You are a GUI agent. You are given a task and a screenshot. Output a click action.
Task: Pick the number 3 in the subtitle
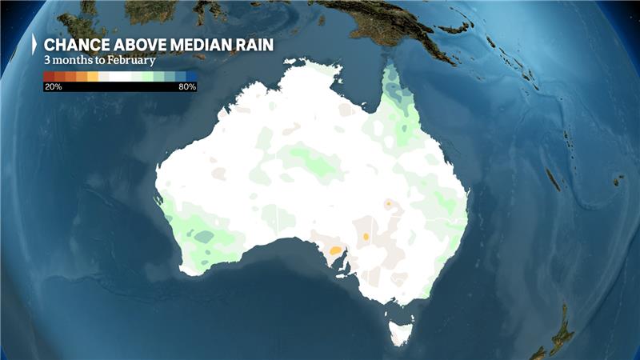(46, 60)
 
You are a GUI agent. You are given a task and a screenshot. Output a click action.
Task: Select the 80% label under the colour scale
(187, 86)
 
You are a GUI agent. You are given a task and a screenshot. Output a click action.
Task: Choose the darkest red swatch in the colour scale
(49, 77)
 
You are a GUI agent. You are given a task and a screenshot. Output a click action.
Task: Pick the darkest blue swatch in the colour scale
(191, 77)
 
